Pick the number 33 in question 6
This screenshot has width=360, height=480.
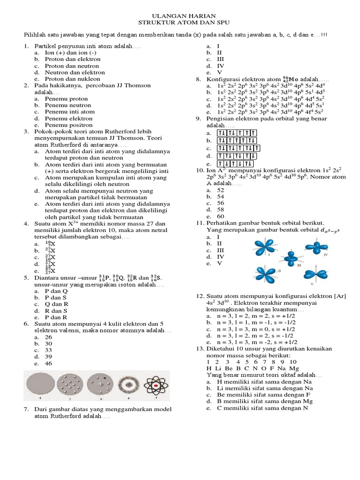pos(49,350)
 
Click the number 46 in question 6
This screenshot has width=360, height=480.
pos(49,363)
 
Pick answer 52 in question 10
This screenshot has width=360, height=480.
pos(221,190)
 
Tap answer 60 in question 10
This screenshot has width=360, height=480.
pos(221,217)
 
